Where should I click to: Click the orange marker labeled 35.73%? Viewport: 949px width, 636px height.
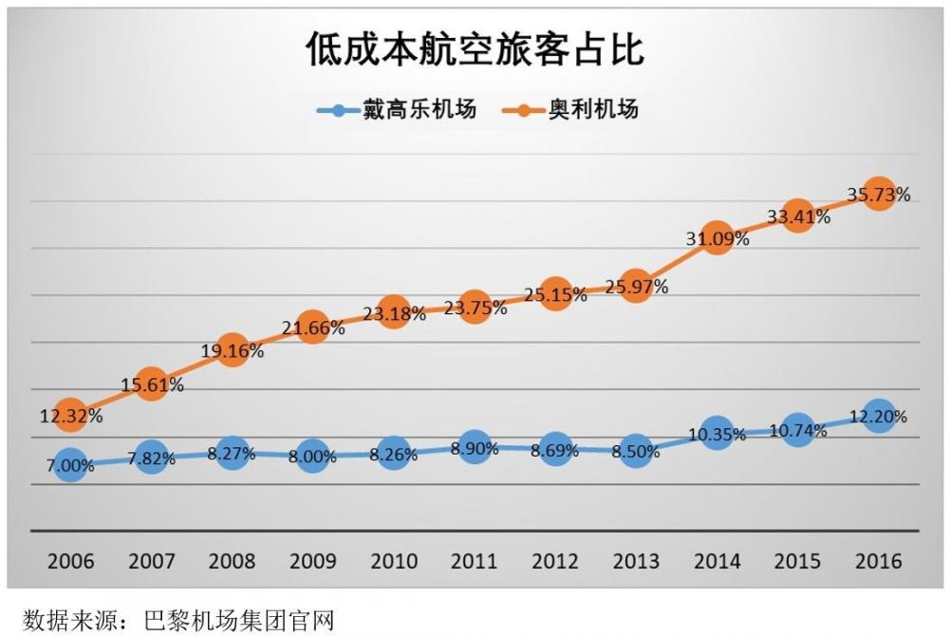coord(879,195)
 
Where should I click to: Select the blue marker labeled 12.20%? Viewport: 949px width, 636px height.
coord(879,416)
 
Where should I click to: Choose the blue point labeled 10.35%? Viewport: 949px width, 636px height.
coord(717,434)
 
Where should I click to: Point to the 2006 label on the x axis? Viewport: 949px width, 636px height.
coord(70,561)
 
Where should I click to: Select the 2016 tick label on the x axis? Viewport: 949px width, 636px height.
coord(879,561)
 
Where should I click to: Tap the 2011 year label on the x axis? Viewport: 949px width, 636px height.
coord(474,561)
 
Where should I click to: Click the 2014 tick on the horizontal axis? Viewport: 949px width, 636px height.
coord(717,561)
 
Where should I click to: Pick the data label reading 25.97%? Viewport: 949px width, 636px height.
coord(636,287)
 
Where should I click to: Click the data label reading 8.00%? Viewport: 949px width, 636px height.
coord(312,457)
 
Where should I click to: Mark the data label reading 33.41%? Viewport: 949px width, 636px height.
coord(798,216)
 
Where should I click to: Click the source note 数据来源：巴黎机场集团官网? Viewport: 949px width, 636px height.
coord(180,622)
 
